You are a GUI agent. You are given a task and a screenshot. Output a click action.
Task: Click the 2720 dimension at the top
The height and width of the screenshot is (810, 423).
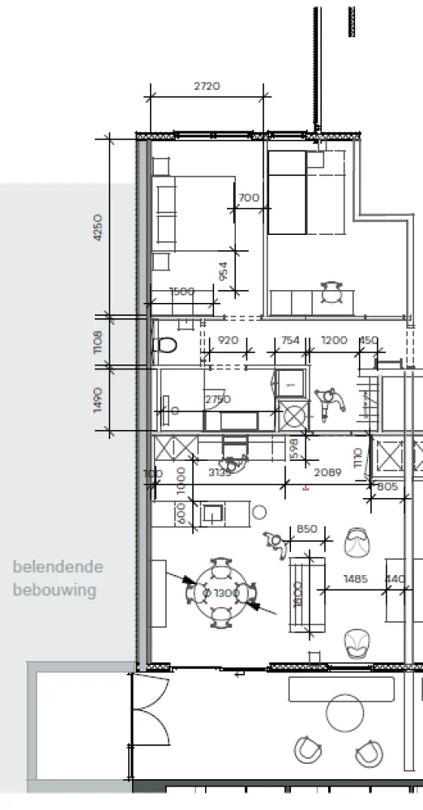point(207,86)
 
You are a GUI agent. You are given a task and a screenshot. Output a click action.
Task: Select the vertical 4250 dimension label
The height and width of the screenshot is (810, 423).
point(99,231)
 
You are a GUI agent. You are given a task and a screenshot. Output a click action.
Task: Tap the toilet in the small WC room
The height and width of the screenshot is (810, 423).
point(166,346)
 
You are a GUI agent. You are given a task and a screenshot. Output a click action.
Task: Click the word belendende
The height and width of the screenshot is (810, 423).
point(58,567)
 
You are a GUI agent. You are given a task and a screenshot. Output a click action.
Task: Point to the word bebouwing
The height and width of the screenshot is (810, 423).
point(54,590)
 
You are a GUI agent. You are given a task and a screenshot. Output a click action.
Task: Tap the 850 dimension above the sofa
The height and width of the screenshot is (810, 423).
point(307,529)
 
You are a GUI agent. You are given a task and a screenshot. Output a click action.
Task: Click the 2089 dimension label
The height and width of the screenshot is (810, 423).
point(328,472)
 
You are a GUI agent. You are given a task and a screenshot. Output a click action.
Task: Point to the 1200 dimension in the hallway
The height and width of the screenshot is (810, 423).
point(335,341)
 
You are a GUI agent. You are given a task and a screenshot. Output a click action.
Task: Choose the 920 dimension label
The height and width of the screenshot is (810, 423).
point(229,341)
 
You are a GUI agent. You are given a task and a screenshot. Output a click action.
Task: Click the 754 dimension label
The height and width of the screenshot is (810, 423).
point(289,341)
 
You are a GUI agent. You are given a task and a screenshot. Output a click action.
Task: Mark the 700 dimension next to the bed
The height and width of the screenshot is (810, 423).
point(249,198)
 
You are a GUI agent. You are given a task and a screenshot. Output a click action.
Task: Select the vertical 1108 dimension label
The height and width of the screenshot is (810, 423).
point(99,343)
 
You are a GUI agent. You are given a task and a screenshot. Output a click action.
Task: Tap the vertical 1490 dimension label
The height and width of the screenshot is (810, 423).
point(99,399)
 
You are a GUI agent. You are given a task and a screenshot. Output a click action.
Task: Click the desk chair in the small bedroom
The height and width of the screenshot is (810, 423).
point(332,292)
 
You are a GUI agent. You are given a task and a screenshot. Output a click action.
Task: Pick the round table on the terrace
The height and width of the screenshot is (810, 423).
point(348,715)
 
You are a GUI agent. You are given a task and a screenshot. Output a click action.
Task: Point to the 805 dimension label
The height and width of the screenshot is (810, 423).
point(387,487)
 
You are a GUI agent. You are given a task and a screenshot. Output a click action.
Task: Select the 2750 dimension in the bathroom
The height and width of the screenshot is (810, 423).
point(217,400)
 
